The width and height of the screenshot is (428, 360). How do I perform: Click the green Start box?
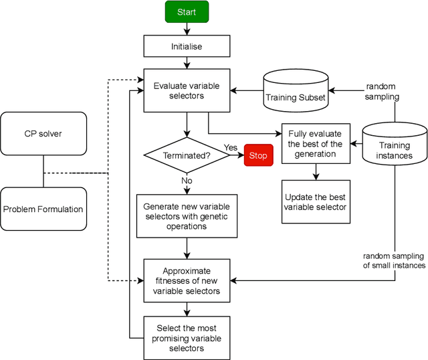(187, 12)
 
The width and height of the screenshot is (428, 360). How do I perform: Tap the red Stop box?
(257, 155)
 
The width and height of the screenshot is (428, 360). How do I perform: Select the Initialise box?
(187, 46)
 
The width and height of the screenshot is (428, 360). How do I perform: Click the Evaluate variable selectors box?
(187, 91)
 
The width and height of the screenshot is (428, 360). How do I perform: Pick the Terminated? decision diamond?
(187, 155)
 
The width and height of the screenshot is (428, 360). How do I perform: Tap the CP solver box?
(43, 133)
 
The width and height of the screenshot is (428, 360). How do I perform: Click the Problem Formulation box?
(43, 209)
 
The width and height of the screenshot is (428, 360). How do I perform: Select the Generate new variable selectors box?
(187, 216)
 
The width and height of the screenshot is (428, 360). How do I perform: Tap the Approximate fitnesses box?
(187, 280)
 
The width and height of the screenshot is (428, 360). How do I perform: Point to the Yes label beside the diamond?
(231, 147)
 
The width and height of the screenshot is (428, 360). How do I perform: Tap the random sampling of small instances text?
(395, 261)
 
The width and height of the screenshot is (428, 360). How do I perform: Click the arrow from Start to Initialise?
(187, 29)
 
